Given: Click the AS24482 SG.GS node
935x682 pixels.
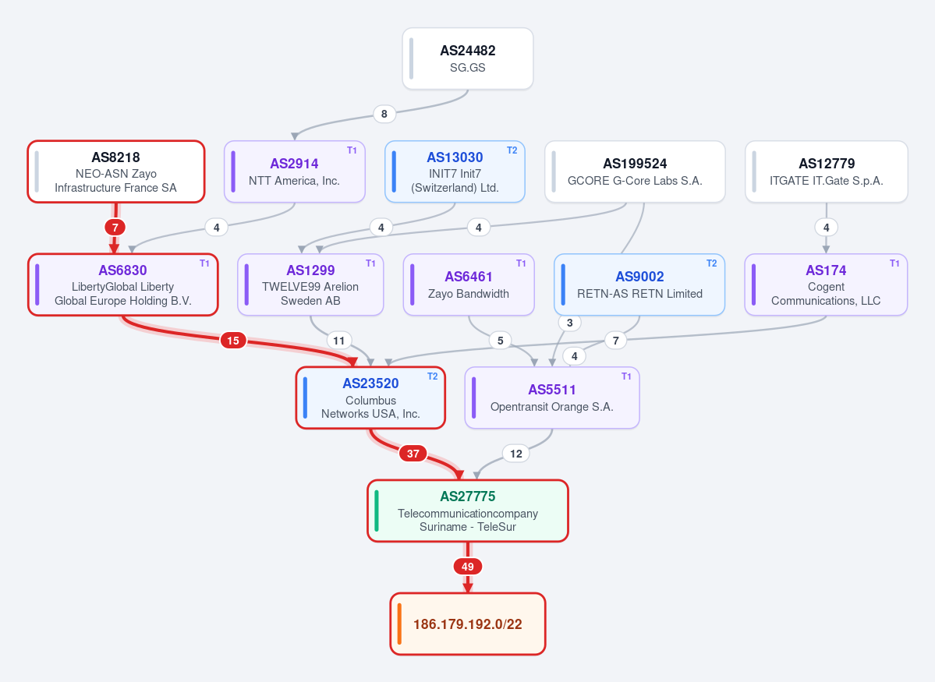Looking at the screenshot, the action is pyautogui.click(x=468, y=58).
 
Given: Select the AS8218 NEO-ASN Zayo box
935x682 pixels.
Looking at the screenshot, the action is pyautogui.click(x=116, y=171).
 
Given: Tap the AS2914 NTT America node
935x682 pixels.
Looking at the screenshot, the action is pyautogui.click(x=295, y=171).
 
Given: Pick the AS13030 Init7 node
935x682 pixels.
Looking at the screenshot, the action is pyautogui.click(x=455, y=171).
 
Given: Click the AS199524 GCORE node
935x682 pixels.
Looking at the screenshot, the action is pyautogui.click(x=635, y=171).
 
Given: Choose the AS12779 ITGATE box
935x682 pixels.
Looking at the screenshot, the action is pyautogui.click(x=827, y=171).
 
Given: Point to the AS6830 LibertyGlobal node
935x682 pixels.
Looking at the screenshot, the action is pyautogui.click(x=123, y=285).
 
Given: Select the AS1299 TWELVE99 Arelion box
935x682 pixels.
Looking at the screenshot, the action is pyautogui.click(x=310, y=285).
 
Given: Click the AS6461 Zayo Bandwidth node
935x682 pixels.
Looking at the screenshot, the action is pyautogui.click(x=469, y=285).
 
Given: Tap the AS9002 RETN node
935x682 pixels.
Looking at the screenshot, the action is pyautogui.click(x=639, y=285).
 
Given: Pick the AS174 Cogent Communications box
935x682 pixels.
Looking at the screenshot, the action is pyautogui.click(x=826, y=285).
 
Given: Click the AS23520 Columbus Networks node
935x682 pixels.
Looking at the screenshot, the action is pyautogui.click(x=371, y=398).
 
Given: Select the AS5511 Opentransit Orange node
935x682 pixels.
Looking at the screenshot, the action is pyautogui.click(x=552, y=398).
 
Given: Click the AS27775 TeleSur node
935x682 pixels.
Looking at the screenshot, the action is pyautogui.click(x=468, y=511).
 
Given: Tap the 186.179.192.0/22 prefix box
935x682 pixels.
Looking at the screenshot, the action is pyautogui.click(x=468, y=624).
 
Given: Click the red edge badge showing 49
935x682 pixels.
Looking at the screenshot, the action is pyautogui.click(x=468, y=567).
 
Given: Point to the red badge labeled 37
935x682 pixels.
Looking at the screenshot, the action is pyautogui.click(x=413, y=454).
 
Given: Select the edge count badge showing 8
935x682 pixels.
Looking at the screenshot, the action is pyautogui.click(x=384, y=114).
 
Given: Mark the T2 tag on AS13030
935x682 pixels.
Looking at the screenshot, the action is pyautogui.click(x=512, y=150).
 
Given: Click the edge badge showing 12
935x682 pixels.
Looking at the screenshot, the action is pyautogui.click(x=515, y=454).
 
